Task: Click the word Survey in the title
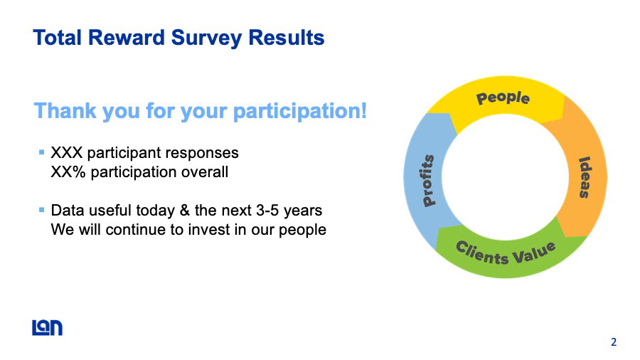click(x=206, y=38)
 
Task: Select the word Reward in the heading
click(x=126, y=38)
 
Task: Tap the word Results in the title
click(x=286, y=38)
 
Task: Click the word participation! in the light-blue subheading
click(x=300, y=111)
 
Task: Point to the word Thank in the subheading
click(x=65, y=110)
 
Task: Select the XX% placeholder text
click(x=68, y=172)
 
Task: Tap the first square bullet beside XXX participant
click(x=41, y=153)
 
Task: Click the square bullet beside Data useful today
click(x=41, y=210)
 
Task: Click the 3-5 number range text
click(x=268, y=211)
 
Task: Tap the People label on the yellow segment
click(x=503, y=98)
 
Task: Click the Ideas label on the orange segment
click(x=585, y=178)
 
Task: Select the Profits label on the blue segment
click(x=428, y=181)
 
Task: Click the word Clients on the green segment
click(x=482, y=253)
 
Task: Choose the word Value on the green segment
click(x=534, y=253)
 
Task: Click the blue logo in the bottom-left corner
click(x=48, y=328)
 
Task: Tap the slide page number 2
click(x=614, y=342)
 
